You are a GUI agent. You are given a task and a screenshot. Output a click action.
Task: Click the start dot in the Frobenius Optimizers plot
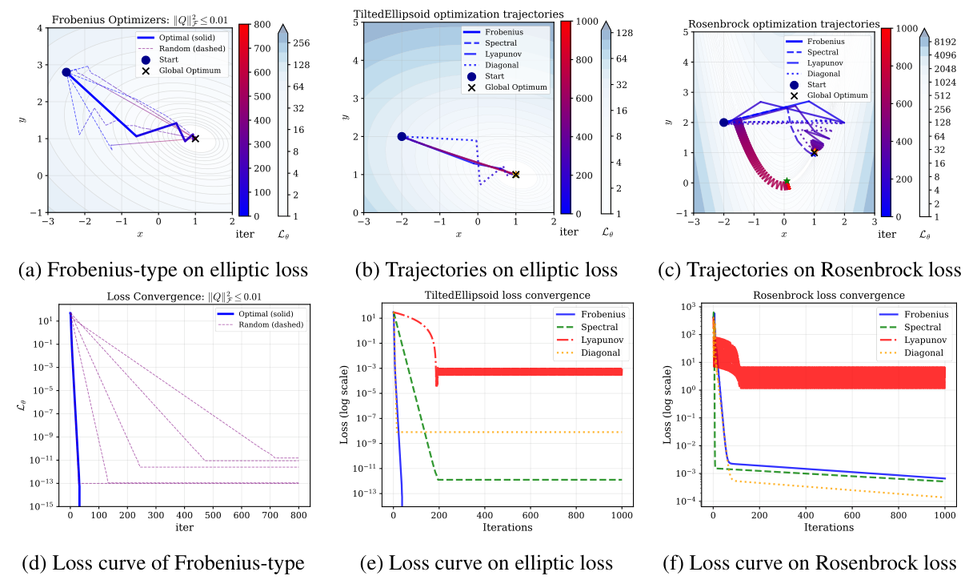(66, 72)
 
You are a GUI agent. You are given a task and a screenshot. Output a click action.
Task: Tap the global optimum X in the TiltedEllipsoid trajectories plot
(515, 174)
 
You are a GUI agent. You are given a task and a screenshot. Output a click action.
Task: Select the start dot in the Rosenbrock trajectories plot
(724, 123)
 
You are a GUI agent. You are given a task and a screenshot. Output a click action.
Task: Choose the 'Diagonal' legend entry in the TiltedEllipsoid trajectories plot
(502, 65)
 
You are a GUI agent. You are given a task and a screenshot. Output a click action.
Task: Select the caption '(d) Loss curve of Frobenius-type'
(162, 563)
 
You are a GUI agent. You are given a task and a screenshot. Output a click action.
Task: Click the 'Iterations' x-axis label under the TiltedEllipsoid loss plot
(507, 527)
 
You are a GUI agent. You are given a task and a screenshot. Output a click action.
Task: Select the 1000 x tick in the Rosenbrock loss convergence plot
(944, 515)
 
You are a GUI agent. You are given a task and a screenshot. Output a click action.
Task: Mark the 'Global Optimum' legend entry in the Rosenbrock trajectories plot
(835, 95)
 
